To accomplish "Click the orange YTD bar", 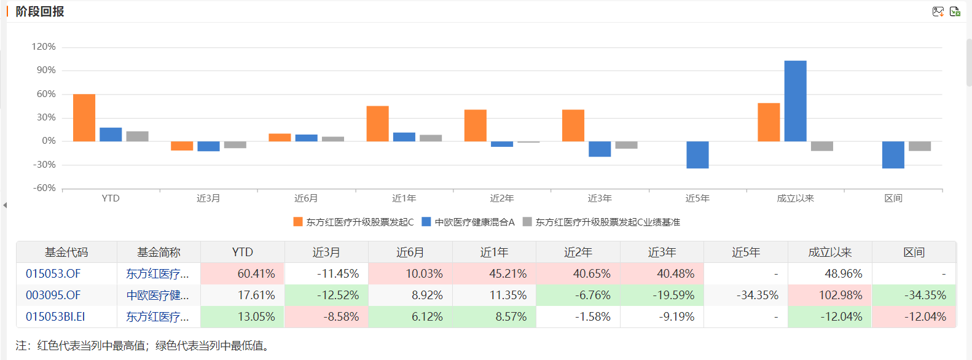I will (84, 117).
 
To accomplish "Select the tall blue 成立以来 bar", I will (795, 101).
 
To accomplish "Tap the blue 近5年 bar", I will (697, 155).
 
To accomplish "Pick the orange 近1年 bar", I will (377, 123).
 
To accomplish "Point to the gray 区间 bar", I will (920, 146).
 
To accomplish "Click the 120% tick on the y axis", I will (44, 47).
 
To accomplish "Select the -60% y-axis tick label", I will (44, 188).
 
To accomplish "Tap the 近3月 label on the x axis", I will (208, 198).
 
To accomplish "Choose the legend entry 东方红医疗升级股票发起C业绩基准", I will (607, 222).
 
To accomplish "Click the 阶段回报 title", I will (40, 12).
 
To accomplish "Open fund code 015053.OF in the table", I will (53, 274).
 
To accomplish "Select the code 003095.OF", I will (53, 295).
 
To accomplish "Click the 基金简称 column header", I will (159, 252).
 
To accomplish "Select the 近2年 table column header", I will (578, 252).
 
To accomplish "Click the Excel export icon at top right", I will (955, 12).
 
